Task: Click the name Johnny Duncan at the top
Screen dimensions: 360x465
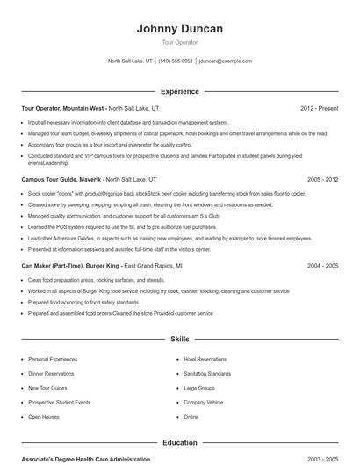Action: click(180, 28)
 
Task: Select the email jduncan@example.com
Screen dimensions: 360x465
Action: click(226, 61)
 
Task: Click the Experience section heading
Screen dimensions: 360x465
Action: click(180, 91)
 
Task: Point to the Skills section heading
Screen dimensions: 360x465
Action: click(180, 339)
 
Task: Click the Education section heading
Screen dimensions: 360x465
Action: click(180, 443)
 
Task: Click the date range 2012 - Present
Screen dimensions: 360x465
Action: click(319, 108)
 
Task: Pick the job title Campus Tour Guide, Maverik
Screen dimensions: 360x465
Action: click(61, 178)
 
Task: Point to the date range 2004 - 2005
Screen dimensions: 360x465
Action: click(322, 264)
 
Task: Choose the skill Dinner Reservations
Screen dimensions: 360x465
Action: click(52, 373)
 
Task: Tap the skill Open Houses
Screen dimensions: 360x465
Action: click(44, 417)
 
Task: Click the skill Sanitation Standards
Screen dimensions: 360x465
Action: click(208, 373)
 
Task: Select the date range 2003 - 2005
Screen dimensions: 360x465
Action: click(322, 459)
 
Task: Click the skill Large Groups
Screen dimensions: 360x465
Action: click(200, 388)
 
